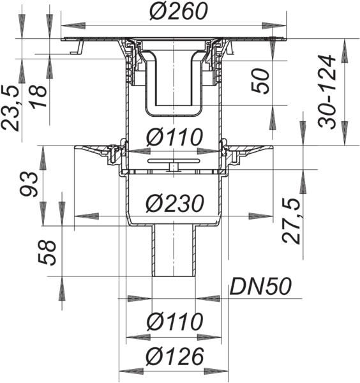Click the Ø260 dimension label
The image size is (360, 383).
click(179, 11)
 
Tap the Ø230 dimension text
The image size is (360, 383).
click(175, 203)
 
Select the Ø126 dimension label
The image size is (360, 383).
click(175, 356)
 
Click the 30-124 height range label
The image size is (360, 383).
click(327, 91)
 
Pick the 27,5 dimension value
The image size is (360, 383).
click(291, 221)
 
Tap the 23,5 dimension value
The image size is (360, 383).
click(10, 109)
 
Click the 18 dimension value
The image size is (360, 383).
click(38, 96)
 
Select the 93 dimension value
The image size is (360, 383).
click(29, 184)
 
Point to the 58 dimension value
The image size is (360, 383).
click(47, 253)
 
